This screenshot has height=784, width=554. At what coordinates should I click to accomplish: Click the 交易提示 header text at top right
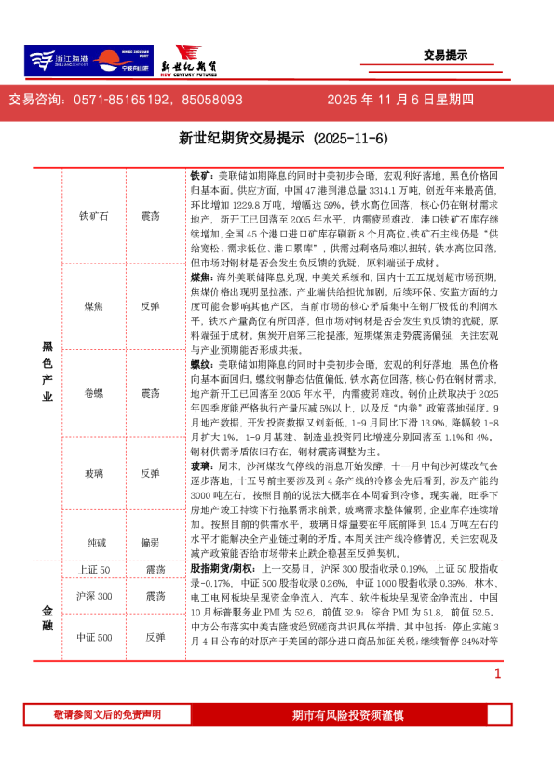(x=444, y=55)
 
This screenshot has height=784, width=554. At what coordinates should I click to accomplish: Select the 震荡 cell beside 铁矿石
(x=150, y=215)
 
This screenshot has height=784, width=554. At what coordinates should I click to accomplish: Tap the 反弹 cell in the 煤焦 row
(x=150, y=305)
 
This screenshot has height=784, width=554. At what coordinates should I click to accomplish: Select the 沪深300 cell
(x=94, y=596)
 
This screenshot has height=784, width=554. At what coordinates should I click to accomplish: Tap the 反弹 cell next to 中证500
(x=155, y=637)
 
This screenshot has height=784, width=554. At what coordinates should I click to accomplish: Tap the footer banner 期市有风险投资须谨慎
(x=347, y=714)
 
